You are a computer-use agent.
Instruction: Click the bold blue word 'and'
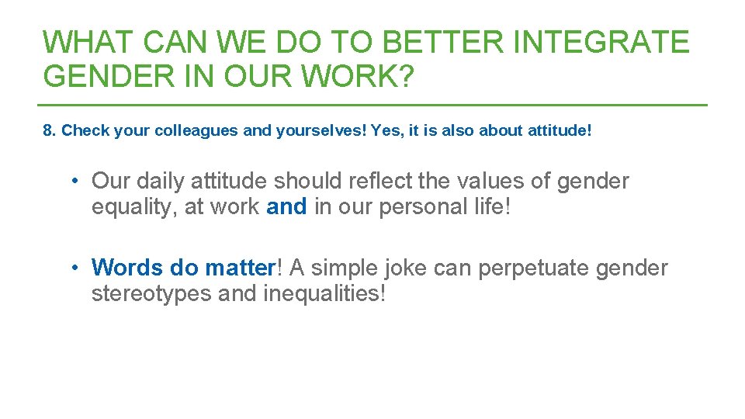click(x=286, y=207)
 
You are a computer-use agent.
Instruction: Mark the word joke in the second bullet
click(x=401, y=268)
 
